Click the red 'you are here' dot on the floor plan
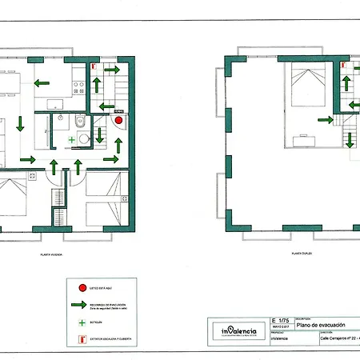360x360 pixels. click(118, 121)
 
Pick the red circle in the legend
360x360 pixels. click(82, 286)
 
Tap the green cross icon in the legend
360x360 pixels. click(82, 322)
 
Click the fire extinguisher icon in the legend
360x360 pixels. click(82, 338)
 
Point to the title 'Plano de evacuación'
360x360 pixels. click(321, 325)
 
